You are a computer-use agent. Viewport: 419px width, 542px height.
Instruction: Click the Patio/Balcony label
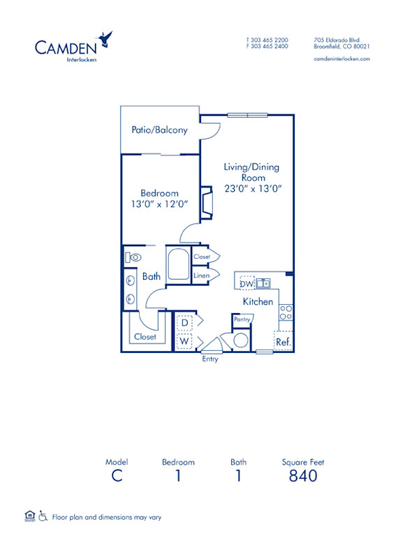159,130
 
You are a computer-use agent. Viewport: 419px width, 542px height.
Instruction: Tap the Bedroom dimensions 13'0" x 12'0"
159,205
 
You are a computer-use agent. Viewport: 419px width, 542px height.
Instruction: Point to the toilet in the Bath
133,257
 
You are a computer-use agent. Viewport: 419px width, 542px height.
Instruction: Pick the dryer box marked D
185,322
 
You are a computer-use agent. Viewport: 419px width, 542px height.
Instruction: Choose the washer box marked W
185,342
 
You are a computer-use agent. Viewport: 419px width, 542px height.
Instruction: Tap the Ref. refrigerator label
283,342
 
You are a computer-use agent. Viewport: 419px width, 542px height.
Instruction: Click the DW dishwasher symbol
246,284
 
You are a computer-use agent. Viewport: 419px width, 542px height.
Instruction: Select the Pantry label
242,319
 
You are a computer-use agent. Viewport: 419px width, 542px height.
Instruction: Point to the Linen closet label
202,276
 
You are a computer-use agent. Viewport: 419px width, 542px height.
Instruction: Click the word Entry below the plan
210,359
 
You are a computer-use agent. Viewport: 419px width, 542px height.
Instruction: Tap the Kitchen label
258,302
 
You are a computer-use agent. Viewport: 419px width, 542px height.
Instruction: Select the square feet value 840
303,476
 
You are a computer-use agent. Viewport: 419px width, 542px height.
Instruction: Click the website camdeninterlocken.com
341,59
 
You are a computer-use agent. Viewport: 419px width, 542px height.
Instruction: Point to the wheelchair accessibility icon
43,517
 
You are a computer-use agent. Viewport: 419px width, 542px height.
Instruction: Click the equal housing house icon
29,516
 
